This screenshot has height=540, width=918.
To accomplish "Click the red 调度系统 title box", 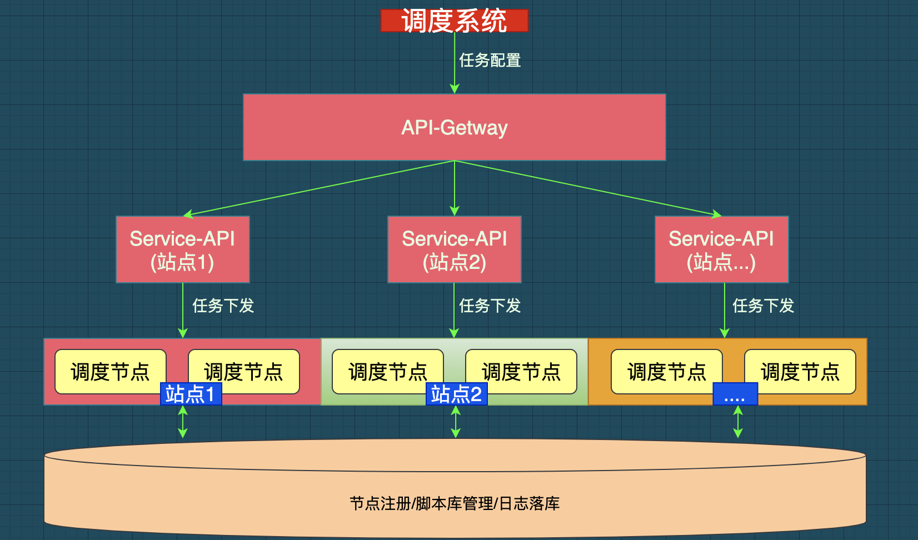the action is tap(454, 21).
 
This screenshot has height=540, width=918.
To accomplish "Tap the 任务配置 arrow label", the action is tap(490, 60).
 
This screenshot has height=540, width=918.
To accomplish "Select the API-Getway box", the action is tap(454, 127).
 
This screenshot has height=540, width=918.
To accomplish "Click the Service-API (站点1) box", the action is tap(183, 249).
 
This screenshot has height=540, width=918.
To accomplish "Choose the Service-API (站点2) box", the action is tap(455, 249).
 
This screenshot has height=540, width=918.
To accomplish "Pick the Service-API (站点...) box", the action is tap(722, 249).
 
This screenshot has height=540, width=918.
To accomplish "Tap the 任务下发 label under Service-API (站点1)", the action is tap(223, 306).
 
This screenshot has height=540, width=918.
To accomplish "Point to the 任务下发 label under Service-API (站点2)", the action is tap(490, 306).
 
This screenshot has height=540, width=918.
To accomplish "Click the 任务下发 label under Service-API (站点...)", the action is tap(763, 306).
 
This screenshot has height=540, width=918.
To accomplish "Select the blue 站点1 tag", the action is tap(191, 394).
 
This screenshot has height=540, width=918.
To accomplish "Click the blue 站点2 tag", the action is tap(457, 394).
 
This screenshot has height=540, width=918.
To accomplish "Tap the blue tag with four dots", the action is tap(735, 394).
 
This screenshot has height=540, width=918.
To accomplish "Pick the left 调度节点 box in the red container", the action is tap(110, 372).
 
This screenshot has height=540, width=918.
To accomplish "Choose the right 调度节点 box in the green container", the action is tap(521, 372).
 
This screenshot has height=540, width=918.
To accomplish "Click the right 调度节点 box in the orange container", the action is tap(800, 372).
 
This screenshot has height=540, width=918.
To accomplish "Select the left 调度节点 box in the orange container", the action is tap(667, 372).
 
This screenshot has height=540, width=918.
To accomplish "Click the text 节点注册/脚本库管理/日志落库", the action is tap(455, 503).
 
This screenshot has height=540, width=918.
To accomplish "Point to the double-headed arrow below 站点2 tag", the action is tap(455, 422).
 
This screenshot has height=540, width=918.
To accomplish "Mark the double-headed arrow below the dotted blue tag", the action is tap(738, 422).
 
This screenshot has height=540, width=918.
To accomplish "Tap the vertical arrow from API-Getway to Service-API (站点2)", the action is tap(454, 188).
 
